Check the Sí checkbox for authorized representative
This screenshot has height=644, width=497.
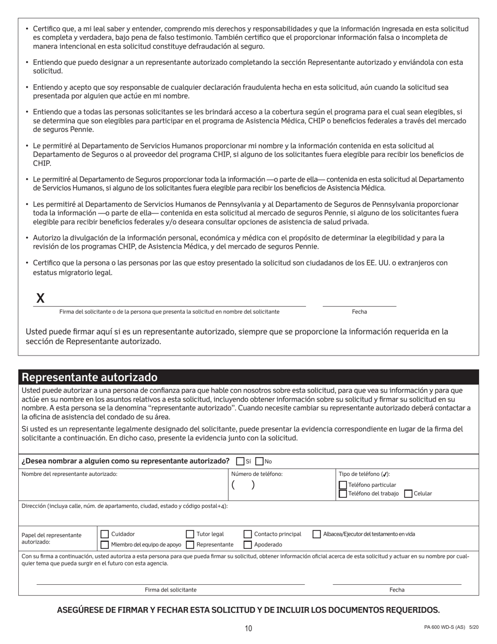click(240, 461)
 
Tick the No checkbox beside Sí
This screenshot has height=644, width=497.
click(259, 461)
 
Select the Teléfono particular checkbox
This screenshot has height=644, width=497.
click(343, 485)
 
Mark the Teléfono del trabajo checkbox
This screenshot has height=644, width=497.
click(343, 493)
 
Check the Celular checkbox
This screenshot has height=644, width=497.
click(408, 493)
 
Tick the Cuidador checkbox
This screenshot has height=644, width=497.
click(105, 534)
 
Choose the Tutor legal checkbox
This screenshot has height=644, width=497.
click(190, 534)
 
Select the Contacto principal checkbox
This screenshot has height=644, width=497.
click(247, 534)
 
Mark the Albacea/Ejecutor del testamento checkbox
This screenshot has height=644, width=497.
click(317, 534)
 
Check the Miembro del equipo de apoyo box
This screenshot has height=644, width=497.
click(105, 545)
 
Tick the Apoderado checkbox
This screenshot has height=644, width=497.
click(247, 545)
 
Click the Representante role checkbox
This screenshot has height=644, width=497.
click(190, 545)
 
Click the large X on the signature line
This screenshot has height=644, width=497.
click(40, 298)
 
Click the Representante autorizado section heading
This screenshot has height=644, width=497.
click(89, 377)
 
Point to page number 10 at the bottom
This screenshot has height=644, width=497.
click(249, 628)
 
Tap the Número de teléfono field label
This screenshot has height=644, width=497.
click(257, 474)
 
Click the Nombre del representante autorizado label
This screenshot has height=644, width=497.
click(70, 474)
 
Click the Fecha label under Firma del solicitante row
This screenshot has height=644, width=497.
click(397, 590)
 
